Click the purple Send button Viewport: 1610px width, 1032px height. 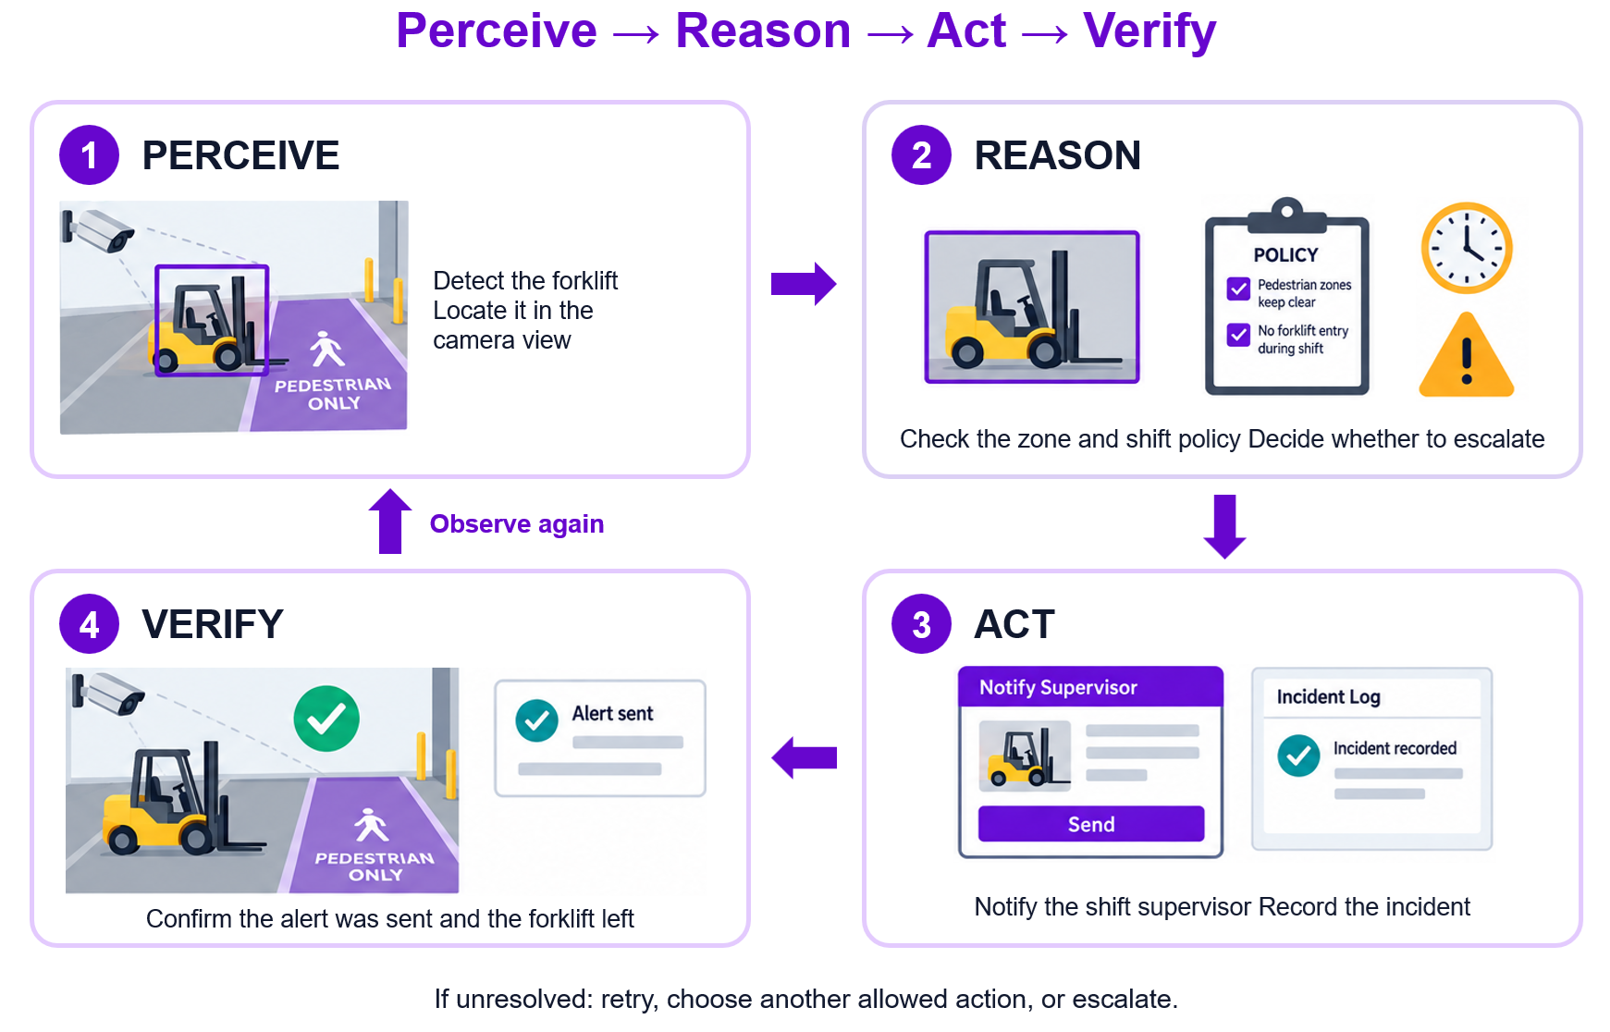click(x=1091, y=824)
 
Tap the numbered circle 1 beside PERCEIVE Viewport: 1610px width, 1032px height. click(x=89, y=155)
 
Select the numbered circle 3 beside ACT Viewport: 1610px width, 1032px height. click(x=921, y=624)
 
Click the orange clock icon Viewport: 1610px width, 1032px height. click(x=1467, y=248)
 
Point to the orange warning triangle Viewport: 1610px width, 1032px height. click(x=1467, y=357)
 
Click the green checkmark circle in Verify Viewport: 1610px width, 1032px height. click(x=326, y=719)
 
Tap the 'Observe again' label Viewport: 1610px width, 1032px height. click(x=517, y=524)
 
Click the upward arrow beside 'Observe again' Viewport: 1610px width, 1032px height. click(x=390, y=522)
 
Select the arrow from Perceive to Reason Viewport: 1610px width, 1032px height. click(x=804, y=283)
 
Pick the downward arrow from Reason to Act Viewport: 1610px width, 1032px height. click(x=1225, y=527)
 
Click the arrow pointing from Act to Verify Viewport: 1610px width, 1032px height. click(x=804, y=758)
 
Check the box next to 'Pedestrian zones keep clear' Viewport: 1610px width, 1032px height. click(x=1238, y=289)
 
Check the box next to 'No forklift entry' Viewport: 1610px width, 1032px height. click(x=1238, y=335)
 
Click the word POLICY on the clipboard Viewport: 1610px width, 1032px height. click(x=1285, y=255)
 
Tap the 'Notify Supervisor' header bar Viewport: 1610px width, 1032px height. click(x=1091, y=687)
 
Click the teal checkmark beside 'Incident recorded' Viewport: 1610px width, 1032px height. click(x=1299, y=756)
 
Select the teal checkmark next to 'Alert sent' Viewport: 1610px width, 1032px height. click(x=537, y=720)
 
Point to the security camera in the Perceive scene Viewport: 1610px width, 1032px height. click(x=99, y=229)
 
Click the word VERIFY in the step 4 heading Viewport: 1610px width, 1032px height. click(x=213, y=624)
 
